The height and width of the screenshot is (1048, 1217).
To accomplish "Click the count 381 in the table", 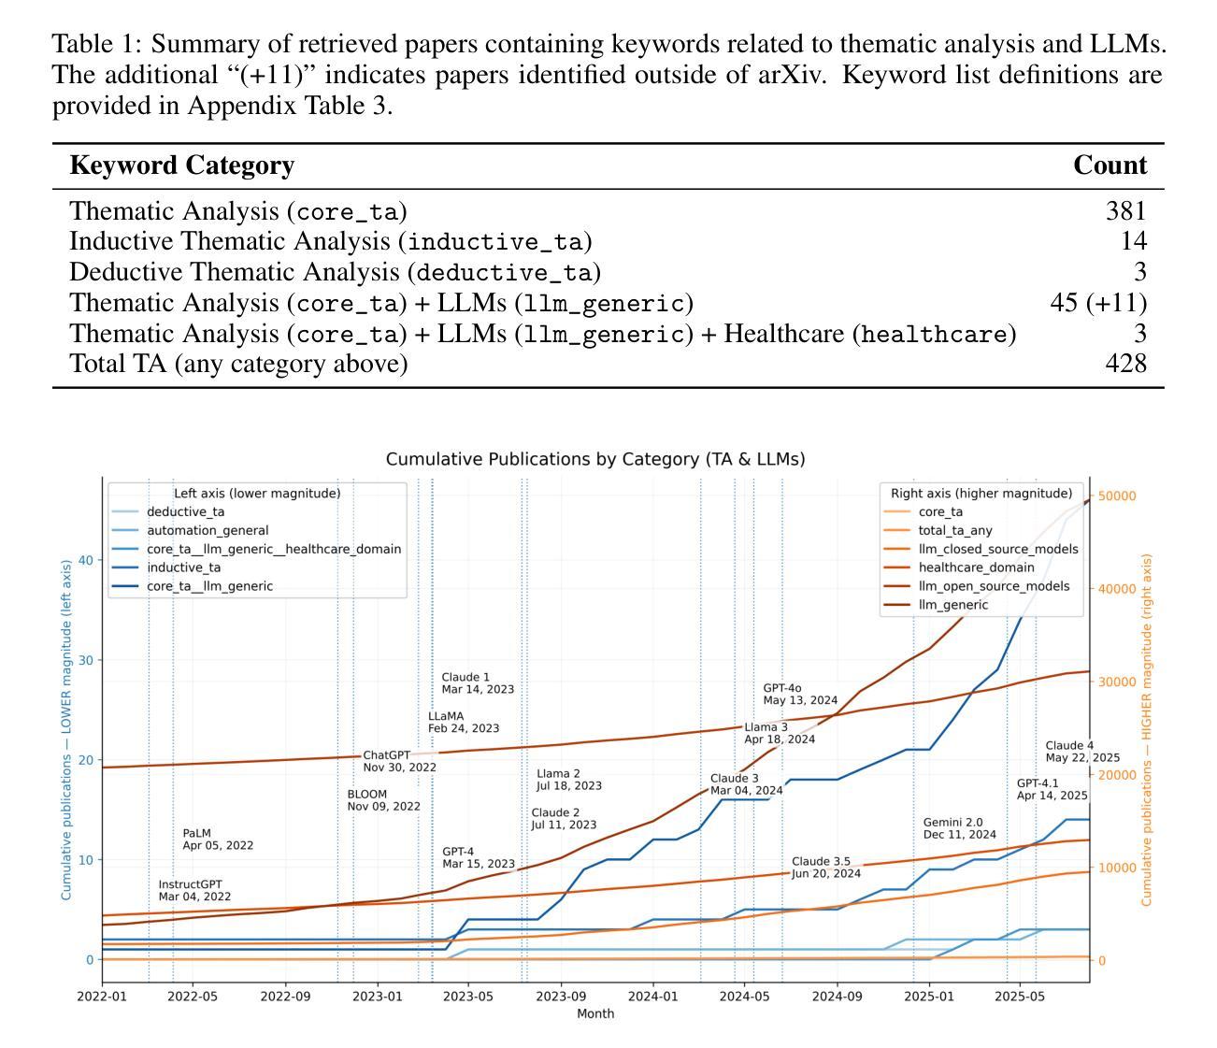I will (1125, 211).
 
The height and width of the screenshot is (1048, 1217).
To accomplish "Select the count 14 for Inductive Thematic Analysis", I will (1133, 241).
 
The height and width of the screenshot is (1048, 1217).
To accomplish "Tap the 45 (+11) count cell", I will (1098, 303).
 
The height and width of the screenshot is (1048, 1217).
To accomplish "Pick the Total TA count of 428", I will (1125, 364).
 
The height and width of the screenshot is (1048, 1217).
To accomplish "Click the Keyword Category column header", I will (182, 165).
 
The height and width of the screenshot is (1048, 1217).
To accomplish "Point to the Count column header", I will (1110, 165).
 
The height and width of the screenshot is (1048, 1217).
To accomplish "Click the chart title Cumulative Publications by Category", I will (595, 459).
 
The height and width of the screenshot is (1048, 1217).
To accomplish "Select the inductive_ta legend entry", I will (183, 567).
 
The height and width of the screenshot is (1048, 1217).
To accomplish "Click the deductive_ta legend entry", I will (185, 511).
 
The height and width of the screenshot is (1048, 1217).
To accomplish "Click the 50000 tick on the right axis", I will (1117, 495).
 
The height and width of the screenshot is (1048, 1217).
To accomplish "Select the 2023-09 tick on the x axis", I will (561, 997).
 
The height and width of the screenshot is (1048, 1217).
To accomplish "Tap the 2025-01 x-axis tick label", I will (929, 997).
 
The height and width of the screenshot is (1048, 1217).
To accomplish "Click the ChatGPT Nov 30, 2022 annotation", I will (399, 761).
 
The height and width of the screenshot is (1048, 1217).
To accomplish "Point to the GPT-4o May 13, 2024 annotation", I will (800, 694).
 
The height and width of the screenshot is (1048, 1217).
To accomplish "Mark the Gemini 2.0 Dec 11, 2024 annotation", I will (959, 828).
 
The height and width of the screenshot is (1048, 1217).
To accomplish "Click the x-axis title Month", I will (595, 1013).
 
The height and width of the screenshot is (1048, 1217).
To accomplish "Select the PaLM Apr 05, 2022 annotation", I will (217, 839).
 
